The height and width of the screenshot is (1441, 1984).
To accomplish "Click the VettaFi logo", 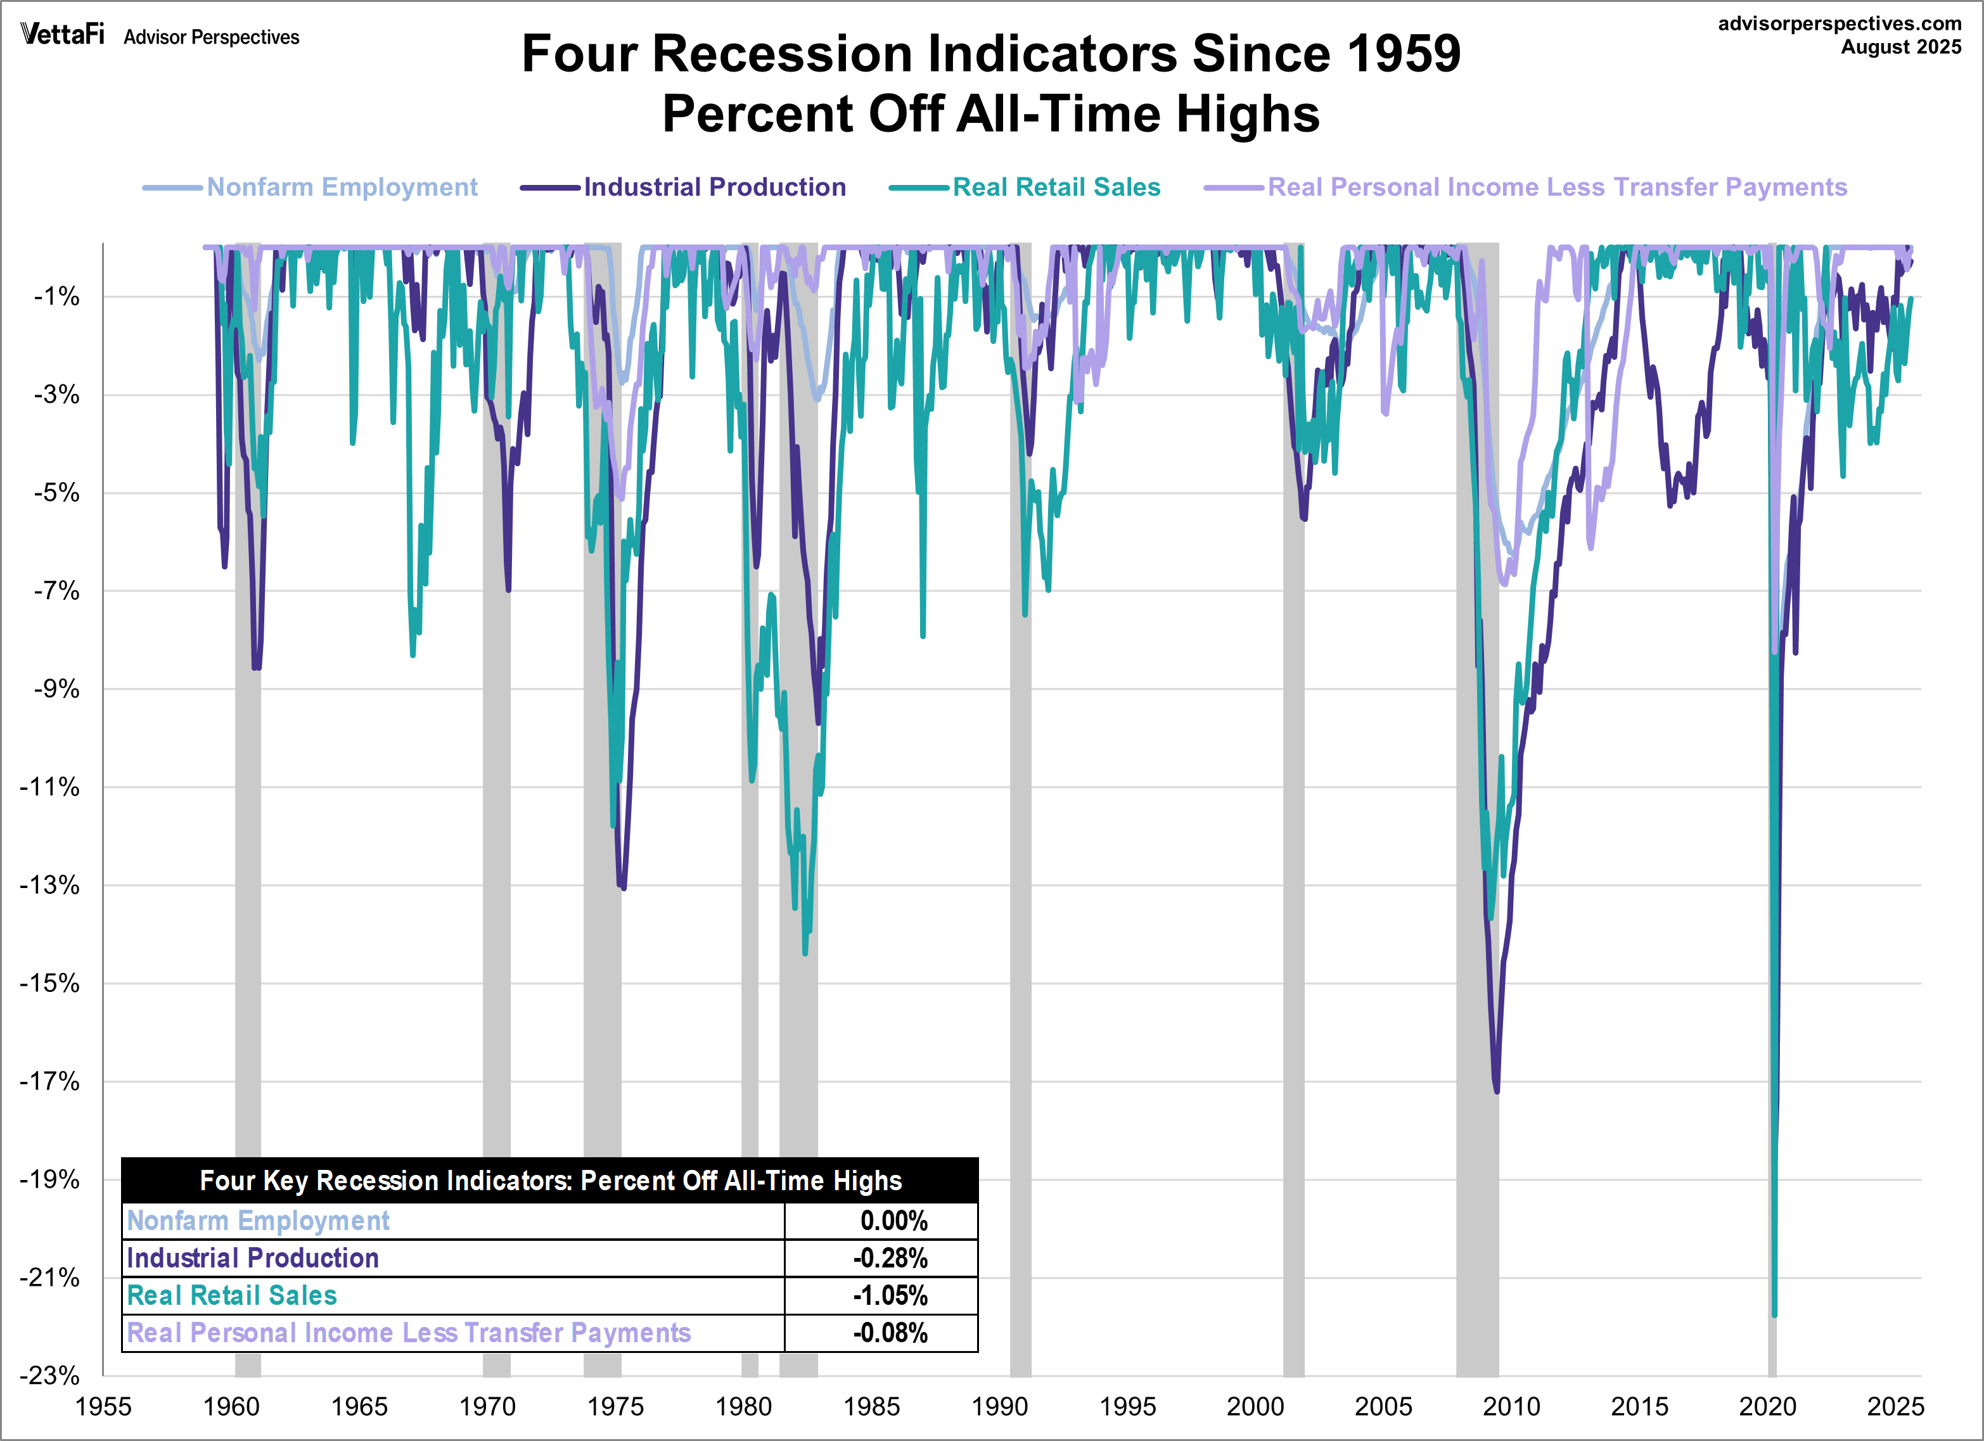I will [62, 34].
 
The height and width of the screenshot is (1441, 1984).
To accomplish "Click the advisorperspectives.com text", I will [1839, 23].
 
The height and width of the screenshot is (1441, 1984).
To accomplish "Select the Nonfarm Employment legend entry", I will [341, 187].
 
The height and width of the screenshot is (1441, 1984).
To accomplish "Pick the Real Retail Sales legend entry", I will [1056, 187].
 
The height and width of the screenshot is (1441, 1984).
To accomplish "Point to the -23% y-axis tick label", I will [51, 1375].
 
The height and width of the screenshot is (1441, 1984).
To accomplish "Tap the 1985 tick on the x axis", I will [871, 1407].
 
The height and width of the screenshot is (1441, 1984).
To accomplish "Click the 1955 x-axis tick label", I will [103, 1407].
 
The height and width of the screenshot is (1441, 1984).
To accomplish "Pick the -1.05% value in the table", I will [890, 1295].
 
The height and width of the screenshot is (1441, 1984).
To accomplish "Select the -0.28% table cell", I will [890, 1258].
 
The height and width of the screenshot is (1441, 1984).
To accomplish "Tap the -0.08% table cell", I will [890, 1333].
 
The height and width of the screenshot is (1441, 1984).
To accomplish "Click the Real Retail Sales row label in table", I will [232, 1295].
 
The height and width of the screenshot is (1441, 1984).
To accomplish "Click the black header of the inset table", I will [550, 1181].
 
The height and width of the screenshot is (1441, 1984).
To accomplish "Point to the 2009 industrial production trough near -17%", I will [1497, 1090].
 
